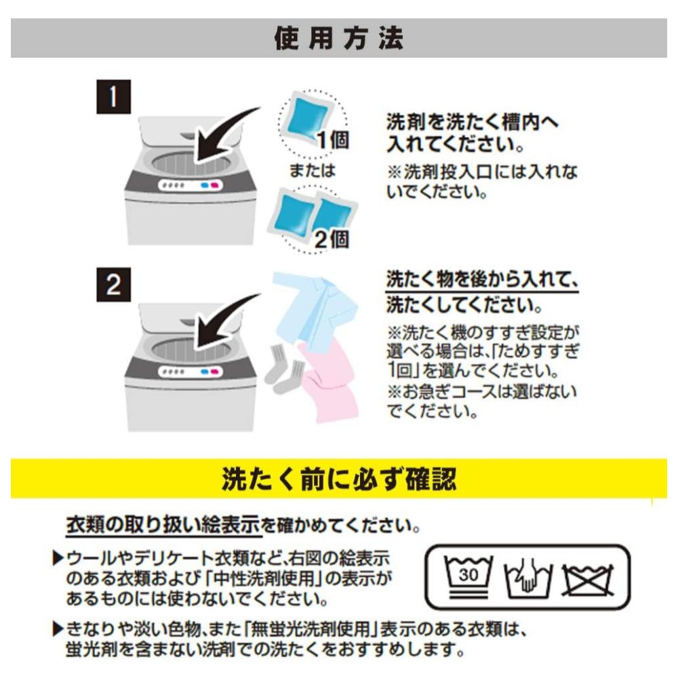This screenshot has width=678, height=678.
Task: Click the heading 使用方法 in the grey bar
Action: click(x=339, y=39)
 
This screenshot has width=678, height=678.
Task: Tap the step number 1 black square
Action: click(x=113, y=96)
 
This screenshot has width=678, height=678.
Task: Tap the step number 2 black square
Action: click(x=113, y=285)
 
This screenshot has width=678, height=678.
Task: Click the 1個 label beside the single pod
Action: click(x=334, y=140)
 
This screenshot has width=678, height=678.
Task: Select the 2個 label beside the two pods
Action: click(x=332, y=239)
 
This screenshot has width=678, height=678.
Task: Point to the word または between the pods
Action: click(x=312, y=170)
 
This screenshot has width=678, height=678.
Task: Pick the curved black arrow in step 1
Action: click(x=225, y=136)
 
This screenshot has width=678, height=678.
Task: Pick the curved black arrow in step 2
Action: click(x=225, y=322)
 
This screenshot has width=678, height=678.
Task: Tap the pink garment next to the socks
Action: click(x=330, y=380)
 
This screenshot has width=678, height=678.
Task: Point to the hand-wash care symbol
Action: click(x=527, y=578)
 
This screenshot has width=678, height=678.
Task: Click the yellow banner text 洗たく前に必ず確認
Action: click(x=339, y=479)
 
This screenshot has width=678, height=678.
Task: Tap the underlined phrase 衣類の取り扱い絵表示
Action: click(x=163, y=525)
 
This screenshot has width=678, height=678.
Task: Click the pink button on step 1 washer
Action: click(x=215, y=186)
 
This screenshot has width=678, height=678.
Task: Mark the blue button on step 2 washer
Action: click(x=205, y=372)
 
